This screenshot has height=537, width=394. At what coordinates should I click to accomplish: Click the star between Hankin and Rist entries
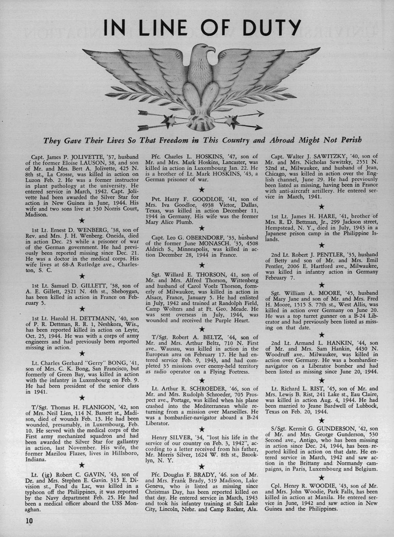(321, 380)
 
